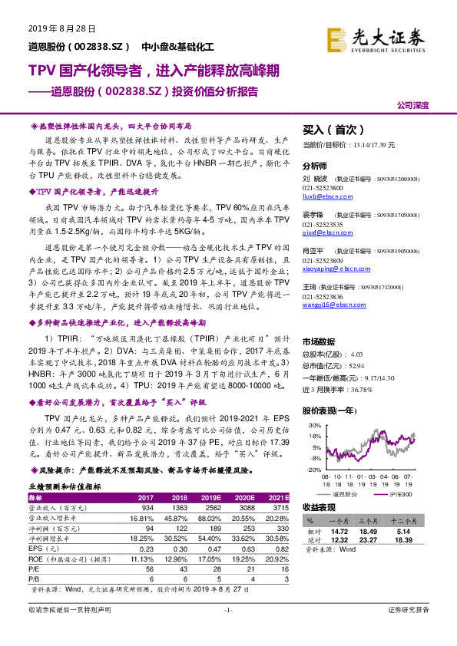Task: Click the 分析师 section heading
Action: tap(315, 166)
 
